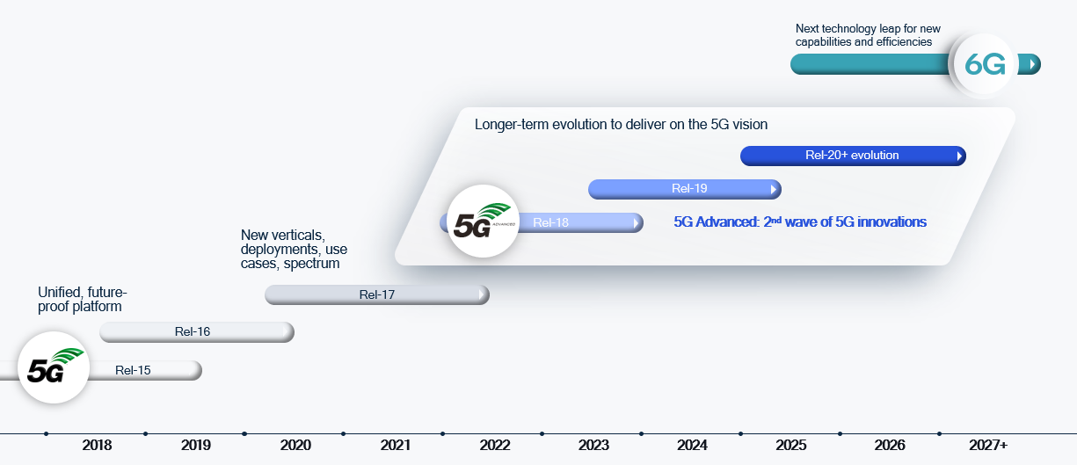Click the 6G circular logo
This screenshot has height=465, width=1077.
pos(985,64)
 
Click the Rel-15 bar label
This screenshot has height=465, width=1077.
pos(133,370)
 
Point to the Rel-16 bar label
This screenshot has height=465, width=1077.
pos(193,331)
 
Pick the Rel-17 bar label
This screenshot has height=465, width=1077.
pos(377,294)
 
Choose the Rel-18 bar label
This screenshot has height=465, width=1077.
pos(550,222)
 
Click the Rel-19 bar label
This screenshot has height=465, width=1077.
pos(689,187)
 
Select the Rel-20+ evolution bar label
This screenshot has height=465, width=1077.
pos(852,156)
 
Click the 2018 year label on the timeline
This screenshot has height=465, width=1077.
pos(97,446)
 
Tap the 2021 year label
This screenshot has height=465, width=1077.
pos(395,446)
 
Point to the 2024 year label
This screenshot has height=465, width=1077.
pos(693,446)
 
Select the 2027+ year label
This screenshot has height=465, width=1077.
pos(987,446)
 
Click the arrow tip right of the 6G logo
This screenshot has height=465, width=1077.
pos(1033,64)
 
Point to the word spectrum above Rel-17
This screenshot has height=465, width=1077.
pos(311,264)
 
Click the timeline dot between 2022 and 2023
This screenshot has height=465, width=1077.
pos(542,433)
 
